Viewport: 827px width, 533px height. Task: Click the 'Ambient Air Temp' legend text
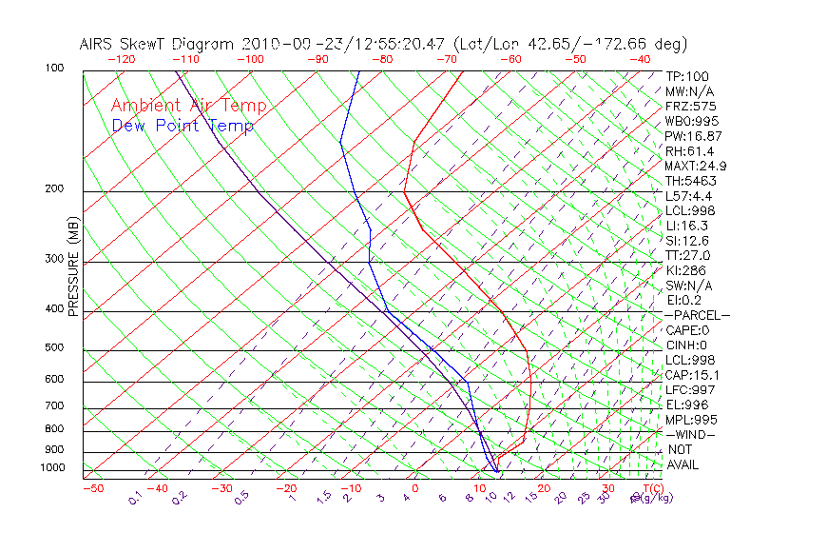188,106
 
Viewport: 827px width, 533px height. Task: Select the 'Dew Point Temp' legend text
183,126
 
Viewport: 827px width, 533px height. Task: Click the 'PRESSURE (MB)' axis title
73,267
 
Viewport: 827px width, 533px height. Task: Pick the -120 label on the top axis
121,59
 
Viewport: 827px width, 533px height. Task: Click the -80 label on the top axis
382,59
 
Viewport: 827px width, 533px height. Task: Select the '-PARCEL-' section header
698,315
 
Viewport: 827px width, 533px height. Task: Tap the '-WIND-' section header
691,435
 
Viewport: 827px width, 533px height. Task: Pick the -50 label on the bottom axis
92,488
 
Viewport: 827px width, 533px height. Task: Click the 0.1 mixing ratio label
136,497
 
